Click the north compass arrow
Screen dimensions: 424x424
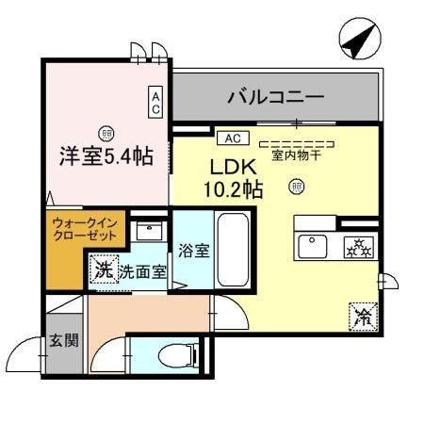click(x=355, y=42)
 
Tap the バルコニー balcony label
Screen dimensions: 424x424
click(x=276, y=97)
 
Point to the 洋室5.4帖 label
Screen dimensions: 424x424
click(x=104, y=155)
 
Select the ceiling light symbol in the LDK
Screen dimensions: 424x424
click(x=297, y=187)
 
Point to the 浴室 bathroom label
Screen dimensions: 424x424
click(x=193, y=252)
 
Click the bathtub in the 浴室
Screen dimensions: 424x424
click(x=233, y=253)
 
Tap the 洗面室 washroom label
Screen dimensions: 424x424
click(x=142, y=271)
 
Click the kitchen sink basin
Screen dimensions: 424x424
click(x=312, y=248)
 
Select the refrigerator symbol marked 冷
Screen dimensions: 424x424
click(x=361, y=316)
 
